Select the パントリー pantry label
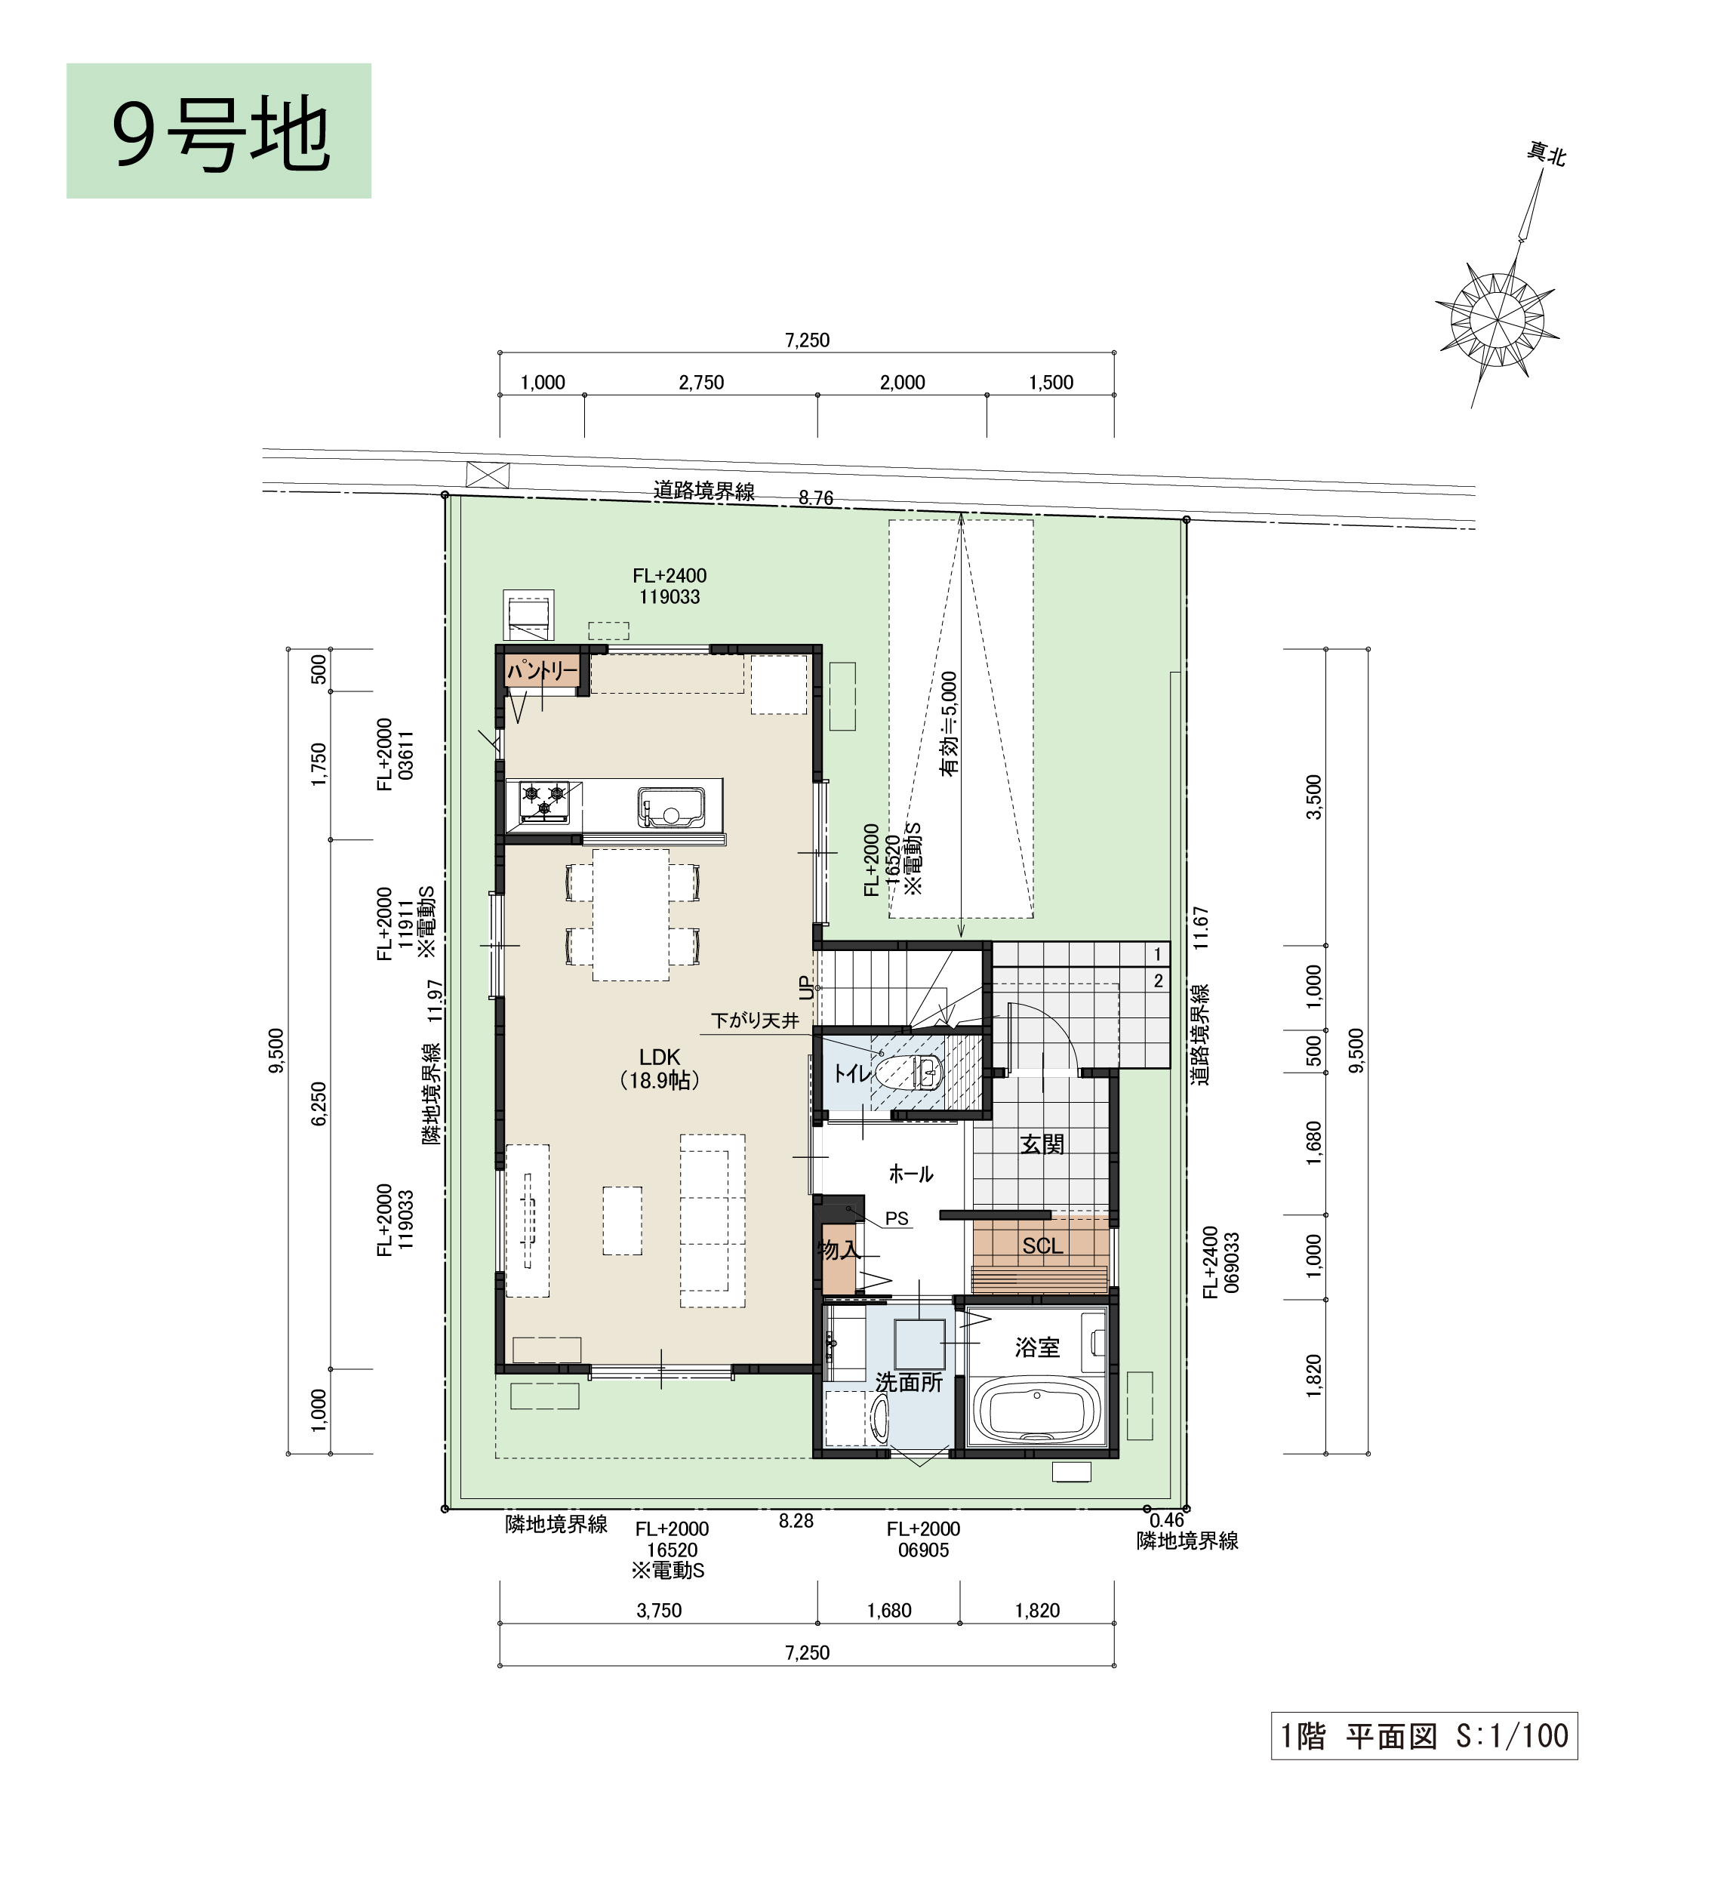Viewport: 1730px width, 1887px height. (543, 670)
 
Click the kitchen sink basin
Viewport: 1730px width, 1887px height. (671, 806)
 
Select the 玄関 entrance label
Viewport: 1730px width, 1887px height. (1042, 1144)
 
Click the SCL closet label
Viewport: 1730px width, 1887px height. (1042, 1246)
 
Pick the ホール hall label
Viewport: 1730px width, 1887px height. (911, 1174)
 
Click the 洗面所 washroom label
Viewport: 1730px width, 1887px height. (909, 1381)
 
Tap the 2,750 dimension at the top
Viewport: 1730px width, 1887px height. (701, 382)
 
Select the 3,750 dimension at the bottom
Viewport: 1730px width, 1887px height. (659, 1610)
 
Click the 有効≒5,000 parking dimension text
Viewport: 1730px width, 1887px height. (950, 724)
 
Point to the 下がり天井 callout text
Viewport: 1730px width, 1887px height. (755, 1020)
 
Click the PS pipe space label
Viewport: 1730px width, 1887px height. (897, 1219)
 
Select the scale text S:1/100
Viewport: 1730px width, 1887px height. (1512, 1736)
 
